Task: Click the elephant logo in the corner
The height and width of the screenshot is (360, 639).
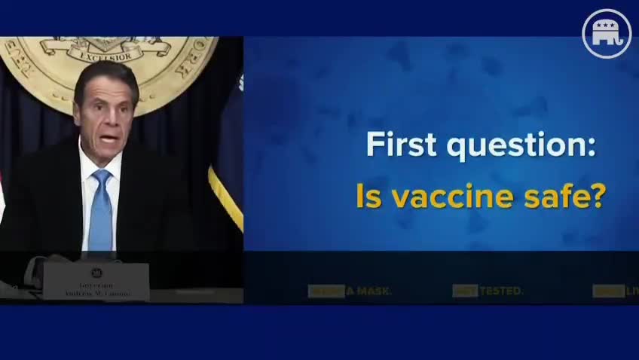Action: [x=606, y=34]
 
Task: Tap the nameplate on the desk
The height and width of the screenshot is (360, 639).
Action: [x=96, y=281]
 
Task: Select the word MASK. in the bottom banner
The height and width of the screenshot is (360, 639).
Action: [x=374, y=291]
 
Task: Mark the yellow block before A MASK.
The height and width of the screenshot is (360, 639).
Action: [x=326, y=291]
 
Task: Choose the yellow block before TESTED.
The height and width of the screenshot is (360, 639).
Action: [x=464, y=291]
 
